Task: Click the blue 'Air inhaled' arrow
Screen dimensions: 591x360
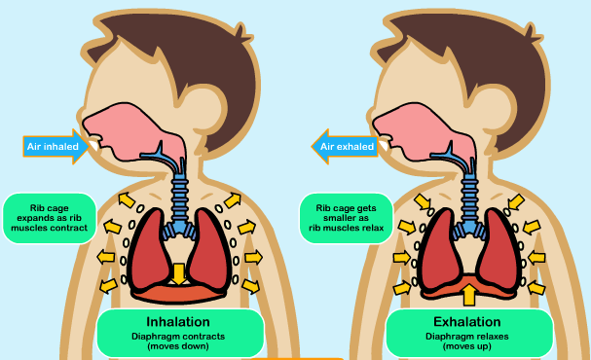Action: [x=56, y=147]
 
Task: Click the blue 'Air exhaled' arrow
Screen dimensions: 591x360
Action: [x=345, y=147]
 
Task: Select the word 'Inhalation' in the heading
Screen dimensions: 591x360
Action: [x=178, y=322]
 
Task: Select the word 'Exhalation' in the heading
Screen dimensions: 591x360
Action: [x=467, y=322]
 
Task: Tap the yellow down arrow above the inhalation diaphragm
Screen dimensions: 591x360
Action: [x=178, y=273]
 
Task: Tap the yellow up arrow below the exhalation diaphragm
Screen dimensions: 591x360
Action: [x=469, y=295]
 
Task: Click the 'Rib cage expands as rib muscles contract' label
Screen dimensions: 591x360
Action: [x=50, y=218]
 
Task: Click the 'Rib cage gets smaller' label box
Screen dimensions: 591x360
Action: [x=346, y=218]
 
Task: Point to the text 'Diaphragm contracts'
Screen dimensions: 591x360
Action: [x=178, y=337]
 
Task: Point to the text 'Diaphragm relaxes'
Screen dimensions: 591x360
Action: [x=467, y=337]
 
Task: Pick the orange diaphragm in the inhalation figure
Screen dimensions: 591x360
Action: [x=178, y=293]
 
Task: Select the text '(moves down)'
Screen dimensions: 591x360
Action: [x=178, y=346]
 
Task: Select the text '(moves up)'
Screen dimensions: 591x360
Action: [x=467, y=346]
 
